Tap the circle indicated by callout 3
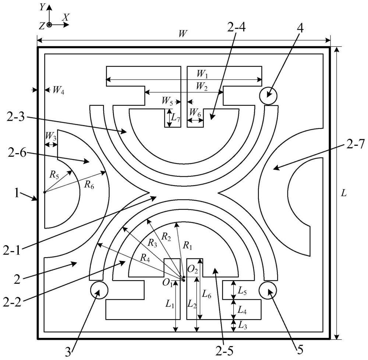(99, 290)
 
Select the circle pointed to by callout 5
(268, 290)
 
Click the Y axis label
(42, 7)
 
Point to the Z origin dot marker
(49, 24)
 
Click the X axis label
(66, 17)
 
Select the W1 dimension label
(202, 74)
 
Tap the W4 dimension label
(58, 90)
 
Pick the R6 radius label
(89, 185)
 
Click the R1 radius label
(188, 246)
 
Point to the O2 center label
(193, 270)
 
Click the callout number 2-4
(236, 28)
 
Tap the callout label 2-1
(12, 251)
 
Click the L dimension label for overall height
(344, 193)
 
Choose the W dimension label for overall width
(183, 34)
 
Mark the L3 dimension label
(242, 325)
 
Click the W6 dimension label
(195, 112)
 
